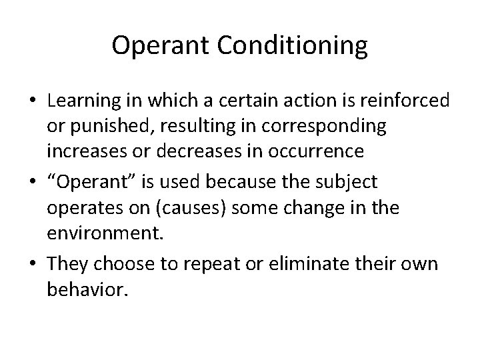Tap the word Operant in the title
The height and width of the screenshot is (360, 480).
click(155, 45)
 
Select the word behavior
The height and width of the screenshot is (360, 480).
click(87, 289)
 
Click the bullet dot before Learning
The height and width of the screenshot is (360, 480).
click(32, 102)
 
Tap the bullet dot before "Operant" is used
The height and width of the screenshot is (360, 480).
click(32, 181)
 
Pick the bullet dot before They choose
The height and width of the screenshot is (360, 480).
click(32, 264)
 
